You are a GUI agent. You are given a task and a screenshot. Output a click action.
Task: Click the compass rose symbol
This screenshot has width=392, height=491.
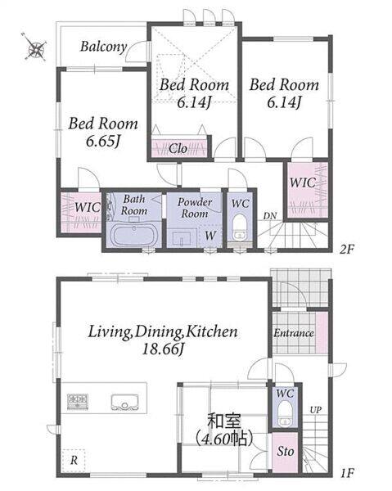tap(36, 47)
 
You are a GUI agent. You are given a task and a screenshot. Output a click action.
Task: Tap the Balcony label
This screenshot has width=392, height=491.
tap(104, 47)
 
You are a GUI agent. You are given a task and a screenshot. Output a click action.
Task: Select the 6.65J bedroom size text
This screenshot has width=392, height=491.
tap(104, 142)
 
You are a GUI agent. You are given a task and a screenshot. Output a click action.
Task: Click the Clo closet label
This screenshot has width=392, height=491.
tap(178, 149)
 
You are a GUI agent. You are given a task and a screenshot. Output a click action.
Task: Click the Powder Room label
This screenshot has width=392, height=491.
tap(195, 208)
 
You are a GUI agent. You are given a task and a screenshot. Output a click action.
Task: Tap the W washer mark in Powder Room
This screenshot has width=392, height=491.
tap(210, 235)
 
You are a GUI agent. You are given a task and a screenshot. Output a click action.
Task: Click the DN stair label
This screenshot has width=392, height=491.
tap(270, 216)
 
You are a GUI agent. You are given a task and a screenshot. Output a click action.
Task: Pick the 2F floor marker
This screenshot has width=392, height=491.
tap(347, 250)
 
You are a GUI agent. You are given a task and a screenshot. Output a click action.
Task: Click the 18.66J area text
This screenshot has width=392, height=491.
tap(163, 349)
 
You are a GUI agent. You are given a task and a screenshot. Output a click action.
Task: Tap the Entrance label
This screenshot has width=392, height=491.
tap(293, 333)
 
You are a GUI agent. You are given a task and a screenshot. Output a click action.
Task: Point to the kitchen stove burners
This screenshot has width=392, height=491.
tap(77, 402)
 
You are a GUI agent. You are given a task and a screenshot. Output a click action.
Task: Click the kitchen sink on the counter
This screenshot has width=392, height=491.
tap(125, 402)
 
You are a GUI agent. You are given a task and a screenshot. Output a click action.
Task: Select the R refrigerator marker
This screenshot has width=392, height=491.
tap(74, 461)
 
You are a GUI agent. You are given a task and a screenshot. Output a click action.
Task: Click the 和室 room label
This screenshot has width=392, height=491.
tap(224, 421)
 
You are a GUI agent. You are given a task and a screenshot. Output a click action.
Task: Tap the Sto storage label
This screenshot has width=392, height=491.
tap(286, 452)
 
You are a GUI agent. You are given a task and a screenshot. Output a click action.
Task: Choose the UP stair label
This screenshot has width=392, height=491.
tap(316, 410)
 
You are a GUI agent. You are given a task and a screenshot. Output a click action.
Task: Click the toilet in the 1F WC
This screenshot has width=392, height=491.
tap(285, 413)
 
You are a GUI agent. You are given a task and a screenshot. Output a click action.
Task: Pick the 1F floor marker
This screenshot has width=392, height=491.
tap(347, 472)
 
